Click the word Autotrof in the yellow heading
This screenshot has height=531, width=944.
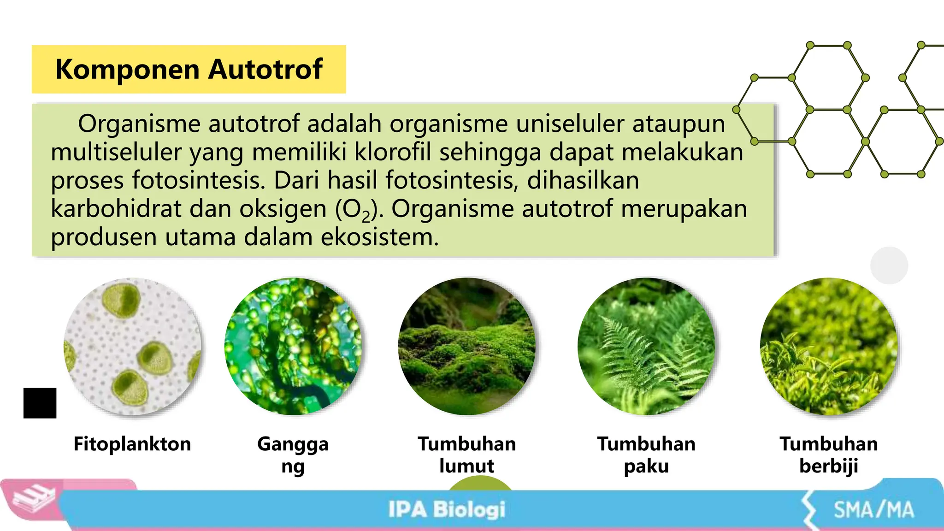tap(265, 70)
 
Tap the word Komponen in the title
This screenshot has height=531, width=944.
tap(128, 70)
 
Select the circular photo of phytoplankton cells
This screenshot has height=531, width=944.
tap(133, 347)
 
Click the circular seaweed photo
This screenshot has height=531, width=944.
tap(293, 347)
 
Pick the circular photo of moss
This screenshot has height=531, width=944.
tap(467, 347)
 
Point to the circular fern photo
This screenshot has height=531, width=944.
tap(646, 347)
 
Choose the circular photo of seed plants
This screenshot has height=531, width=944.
tap(829, 347)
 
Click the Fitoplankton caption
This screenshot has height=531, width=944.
tap(132, 444)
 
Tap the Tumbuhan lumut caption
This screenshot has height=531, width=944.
tap(467, 454)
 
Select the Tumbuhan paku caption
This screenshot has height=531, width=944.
tap(646, 454)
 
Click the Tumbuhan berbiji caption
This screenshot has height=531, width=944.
tap(829, 454)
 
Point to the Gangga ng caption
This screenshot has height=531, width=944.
tap(293, 454)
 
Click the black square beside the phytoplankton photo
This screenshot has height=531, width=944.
tap(40, 403)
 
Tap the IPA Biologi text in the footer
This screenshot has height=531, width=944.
tap(447, 510)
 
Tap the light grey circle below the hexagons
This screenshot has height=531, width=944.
tap(889, 265)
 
